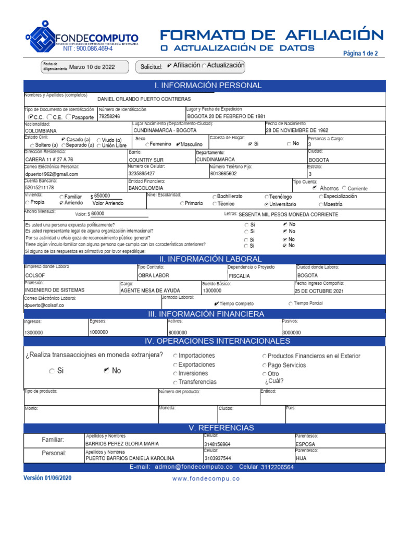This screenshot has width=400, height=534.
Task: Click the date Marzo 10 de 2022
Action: click(92, 67)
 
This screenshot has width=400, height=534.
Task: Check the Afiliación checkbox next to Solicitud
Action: click(170, 66)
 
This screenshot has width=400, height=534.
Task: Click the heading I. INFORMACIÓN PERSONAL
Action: click(208, 86)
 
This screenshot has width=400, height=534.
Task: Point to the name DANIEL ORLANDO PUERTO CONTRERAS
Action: click(144, 99)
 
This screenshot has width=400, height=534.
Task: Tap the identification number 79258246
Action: click(109, 116)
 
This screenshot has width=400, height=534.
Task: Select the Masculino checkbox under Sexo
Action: click(179, 144)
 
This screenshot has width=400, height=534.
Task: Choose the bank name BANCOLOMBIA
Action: click(146, 188)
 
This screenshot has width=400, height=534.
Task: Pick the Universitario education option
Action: click(267, 204)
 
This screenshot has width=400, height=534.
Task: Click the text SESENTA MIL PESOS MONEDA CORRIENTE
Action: click(288, 214)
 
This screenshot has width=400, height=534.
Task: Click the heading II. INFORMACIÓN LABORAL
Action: click(210, 259)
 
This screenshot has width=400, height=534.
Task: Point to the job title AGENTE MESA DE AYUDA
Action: click(151, 290)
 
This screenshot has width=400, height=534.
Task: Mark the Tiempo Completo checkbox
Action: click(217, 304)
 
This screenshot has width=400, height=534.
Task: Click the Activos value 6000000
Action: click(178, 333)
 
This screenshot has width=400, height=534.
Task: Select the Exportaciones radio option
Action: click(176, 365)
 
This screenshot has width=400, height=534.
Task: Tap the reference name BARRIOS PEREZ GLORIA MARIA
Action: click(122, 444)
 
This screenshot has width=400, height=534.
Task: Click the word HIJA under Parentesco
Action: click(301, 458)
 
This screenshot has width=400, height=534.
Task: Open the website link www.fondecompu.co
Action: click(206, 479)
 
